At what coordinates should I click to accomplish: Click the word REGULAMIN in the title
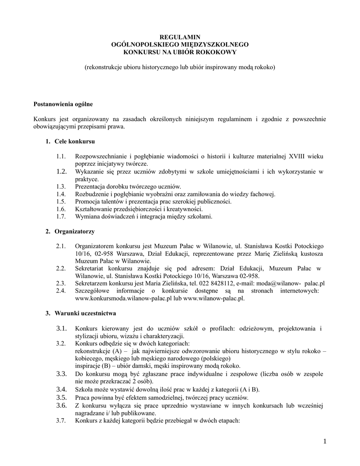pos(180,36)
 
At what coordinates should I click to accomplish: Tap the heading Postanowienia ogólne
pos(63,104)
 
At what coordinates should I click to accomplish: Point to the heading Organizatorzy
pos(75,232)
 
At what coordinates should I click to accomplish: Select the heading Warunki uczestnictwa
pos(86,314)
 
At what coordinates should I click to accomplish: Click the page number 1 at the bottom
pos(325,441)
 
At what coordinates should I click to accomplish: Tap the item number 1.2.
pos(62,172)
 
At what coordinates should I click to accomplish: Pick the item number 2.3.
pos(61,283)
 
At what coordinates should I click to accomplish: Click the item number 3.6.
pos(62,405)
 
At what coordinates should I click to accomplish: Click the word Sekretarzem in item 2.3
pos(92,283)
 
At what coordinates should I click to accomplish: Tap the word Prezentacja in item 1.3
pos(90,187)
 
